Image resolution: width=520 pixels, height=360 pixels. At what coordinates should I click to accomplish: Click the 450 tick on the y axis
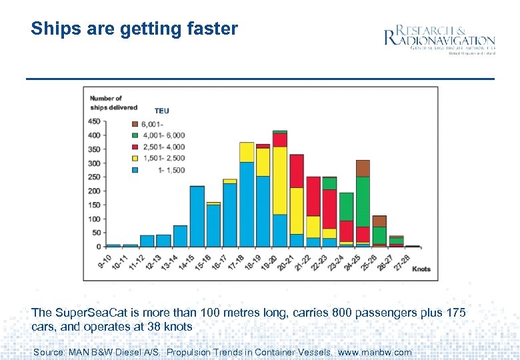coord(94,121)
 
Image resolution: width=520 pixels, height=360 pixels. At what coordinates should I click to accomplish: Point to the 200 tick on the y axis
coord(94,191)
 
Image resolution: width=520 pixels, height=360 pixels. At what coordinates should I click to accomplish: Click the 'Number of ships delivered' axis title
coord(113,103)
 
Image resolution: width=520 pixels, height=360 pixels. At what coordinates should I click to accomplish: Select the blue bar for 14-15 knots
coord(197,216)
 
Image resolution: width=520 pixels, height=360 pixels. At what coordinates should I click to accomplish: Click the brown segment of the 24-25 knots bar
coord(363,168)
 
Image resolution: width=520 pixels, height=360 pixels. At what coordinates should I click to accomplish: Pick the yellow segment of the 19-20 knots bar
coord(280,180)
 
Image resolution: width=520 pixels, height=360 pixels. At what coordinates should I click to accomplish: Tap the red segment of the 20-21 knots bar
coord(297,171)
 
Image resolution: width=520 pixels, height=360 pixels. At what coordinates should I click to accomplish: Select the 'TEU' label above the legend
coord(162,111)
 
